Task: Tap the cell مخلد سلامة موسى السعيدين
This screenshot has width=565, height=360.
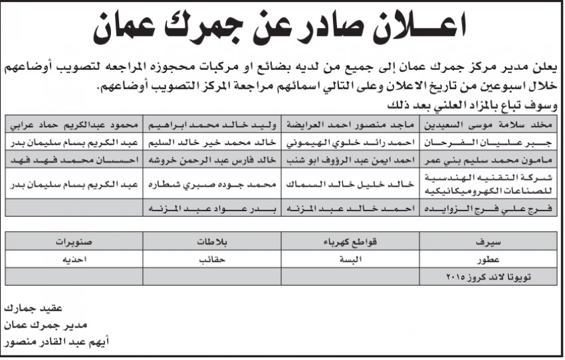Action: click(x=491, y=124)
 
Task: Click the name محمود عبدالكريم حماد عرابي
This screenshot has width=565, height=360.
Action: click(x=74, y=124)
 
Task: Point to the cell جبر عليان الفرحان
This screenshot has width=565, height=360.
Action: click(x=491, y=142)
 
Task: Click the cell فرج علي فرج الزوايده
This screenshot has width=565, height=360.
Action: click(x=491, y=208)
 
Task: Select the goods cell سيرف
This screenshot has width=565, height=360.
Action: click(x=491, y=240)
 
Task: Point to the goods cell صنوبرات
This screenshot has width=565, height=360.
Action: click(x=74, y=240)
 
